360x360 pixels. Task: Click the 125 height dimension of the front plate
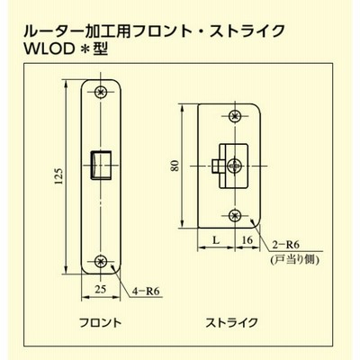59,175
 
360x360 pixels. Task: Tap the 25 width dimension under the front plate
101,289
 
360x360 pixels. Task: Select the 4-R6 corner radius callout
146,291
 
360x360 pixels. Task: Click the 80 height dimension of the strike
175,166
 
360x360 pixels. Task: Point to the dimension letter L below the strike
216,240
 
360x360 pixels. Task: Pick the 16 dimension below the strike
247,240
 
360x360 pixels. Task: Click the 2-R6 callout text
286,245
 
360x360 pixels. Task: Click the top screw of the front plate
101,92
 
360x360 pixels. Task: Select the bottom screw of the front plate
101,261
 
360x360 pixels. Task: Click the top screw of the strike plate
235,116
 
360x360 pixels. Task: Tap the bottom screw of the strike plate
235,215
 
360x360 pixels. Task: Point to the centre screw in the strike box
234,166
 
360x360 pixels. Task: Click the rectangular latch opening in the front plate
101,165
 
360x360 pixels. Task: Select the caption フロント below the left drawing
100,323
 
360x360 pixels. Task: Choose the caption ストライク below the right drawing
231,323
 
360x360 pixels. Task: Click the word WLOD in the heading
49,49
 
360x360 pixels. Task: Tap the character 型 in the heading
101,49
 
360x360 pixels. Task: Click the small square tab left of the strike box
215,166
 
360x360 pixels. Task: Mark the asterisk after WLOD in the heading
85,49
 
